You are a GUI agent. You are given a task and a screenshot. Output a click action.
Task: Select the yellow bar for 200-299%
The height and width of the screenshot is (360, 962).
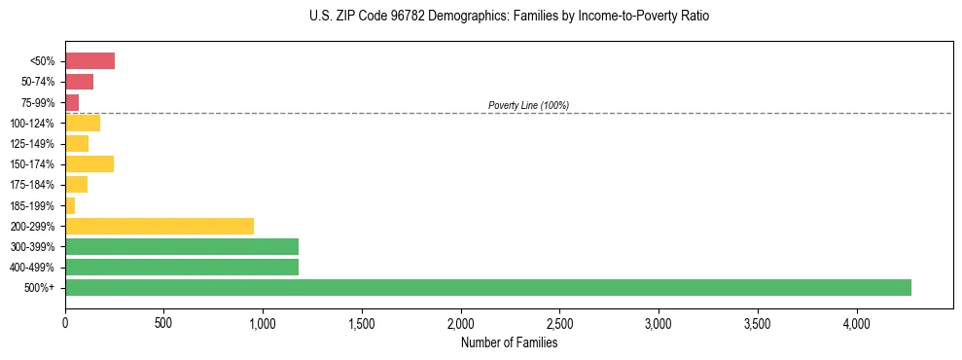(x=160, y=226)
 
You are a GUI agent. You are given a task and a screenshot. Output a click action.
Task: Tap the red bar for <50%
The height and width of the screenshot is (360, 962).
(x=89, y=61)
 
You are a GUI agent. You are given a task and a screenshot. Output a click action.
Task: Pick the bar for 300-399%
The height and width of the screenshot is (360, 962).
(x=182, y=246)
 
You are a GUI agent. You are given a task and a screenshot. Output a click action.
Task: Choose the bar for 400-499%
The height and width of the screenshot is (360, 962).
(x=182, y=267)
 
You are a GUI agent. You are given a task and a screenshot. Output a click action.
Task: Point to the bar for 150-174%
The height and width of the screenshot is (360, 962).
(x=89, y=164)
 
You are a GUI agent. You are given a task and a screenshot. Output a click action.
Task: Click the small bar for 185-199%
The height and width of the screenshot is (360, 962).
(x=70, y=205)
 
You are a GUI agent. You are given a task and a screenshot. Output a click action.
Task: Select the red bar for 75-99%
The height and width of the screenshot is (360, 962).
(x=72, y=102)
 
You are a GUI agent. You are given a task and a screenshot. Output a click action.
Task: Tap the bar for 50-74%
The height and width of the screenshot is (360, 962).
(x=79, y=82)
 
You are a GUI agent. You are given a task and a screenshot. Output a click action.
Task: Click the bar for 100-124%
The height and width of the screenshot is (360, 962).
(x=83, y=123)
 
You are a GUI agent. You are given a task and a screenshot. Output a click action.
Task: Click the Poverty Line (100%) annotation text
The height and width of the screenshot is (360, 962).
(x=528, y=105)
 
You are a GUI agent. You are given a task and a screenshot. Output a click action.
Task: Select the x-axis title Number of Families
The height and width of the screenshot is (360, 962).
(x=509, y=342)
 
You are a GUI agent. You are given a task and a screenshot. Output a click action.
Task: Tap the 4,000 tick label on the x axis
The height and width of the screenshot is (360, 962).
(x=856, y=321)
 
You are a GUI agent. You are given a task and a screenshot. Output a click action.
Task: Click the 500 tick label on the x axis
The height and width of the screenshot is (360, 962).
(x=163, y=321)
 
